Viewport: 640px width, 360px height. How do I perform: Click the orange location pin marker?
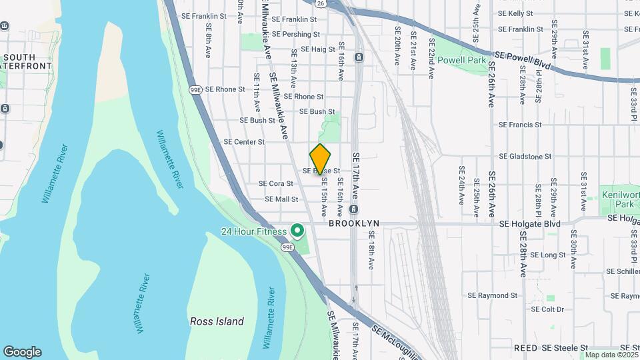coord(320,159)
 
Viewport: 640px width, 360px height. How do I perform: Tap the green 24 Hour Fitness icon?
coord(297,231)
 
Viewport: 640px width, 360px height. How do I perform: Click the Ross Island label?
coord(217,321)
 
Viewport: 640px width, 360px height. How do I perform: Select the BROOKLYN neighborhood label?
coord(354,224)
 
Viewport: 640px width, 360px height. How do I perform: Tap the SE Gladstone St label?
coord(525,157)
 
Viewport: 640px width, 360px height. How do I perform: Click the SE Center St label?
coord(244,142)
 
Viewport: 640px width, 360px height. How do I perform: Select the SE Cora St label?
coord(276,183)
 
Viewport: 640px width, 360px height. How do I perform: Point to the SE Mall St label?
coord(281,199)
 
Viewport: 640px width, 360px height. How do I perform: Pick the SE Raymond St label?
coord(492,295)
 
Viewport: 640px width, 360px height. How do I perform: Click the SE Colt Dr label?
coord(547,309)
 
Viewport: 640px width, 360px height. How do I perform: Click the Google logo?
coord(22,352)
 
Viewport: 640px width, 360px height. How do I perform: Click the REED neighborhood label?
coord(525,348)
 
